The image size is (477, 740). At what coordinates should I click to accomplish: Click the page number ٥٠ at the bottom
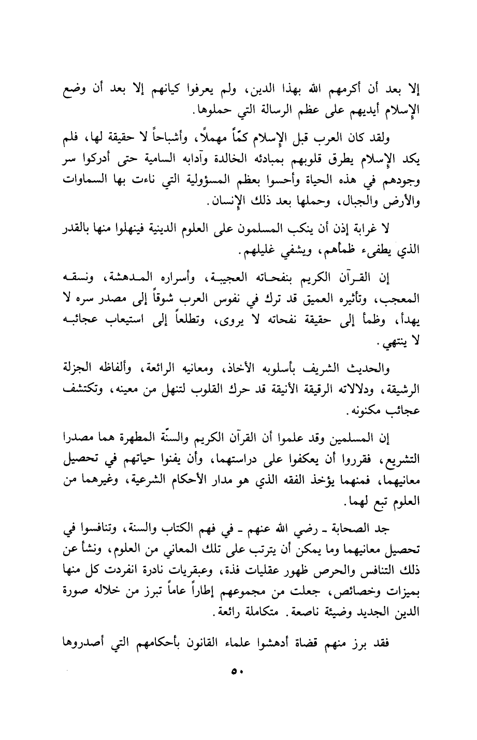tap(238, 672)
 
